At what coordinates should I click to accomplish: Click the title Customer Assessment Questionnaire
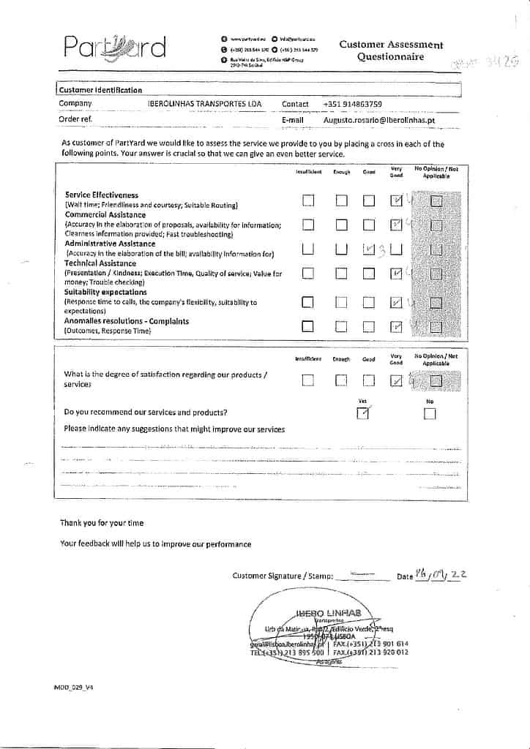pos(391,50)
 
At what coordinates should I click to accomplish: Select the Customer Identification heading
pos(101,90)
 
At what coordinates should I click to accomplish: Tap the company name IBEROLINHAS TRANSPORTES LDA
pos(204,104)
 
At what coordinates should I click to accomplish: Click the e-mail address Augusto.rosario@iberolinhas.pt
pos(379,119)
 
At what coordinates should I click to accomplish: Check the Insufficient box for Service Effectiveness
pos(308,200)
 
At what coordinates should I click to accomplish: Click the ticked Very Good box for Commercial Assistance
pos(396,225)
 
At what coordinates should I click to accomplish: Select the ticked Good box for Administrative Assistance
pos(368,249)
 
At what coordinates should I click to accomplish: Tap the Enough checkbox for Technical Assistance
pos(341,274)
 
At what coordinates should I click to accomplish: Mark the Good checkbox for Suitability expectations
pos(368,302)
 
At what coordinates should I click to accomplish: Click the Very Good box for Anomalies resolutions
pos(396,326)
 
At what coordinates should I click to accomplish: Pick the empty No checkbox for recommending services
pos(430,415)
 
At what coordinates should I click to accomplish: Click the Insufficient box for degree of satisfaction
pos(308,380)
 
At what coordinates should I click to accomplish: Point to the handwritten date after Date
pos(441,575)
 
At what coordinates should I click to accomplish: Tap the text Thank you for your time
pos(102,523)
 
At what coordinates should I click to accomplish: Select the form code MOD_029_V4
pos(74,688)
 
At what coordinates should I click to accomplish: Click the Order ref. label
pos(75,118)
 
